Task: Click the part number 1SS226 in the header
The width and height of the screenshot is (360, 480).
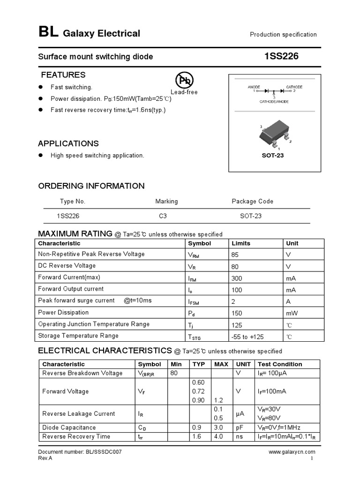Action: pos(281,57)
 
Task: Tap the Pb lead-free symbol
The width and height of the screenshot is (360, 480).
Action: pos(184,81)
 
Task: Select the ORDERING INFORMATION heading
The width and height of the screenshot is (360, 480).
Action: pos(91,186)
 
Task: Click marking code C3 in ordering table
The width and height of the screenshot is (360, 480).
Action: pos(163,216)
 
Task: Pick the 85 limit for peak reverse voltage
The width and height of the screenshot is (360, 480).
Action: pos(236,254)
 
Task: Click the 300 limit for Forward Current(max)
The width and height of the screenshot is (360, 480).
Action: pos(237,277)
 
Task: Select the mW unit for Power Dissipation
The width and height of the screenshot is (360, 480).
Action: pos(292,313)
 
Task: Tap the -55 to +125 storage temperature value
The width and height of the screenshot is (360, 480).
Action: pos(247,336)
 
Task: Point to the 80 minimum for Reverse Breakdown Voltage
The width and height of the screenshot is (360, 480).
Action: pos(174,373)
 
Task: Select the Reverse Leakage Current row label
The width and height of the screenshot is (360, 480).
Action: pos(78,413)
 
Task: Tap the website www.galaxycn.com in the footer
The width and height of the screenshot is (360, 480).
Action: pos(292,452)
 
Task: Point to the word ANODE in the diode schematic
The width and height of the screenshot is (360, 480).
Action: pos(254,87)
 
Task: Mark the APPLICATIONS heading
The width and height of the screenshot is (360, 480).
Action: pos(68,144)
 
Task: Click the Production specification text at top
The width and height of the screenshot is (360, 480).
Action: pos(283,35)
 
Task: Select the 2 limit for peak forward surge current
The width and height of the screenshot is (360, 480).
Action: pos(233,301)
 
